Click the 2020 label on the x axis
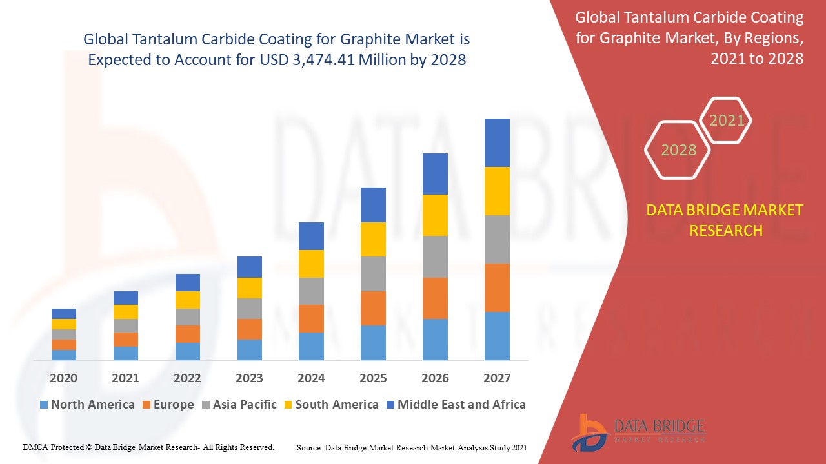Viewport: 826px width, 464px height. [63, 378]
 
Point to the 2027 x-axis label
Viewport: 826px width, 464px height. [497, 378]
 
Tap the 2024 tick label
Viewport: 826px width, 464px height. [311, 378]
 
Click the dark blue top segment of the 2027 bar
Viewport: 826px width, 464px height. [497, 142]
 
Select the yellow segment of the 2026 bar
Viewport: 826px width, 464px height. [435, 215]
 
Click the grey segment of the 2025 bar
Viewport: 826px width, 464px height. [373, 274]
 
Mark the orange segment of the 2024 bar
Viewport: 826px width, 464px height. [311, 318]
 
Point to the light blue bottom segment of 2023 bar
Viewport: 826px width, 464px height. [249, 349]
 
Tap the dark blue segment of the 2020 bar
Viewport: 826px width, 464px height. [63, 314]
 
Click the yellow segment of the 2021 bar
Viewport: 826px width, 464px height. [125, 312]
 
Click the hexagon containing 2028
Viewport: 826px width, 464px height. [678, 150]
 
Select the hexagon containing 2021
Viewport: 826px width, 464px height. [727, 121]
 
